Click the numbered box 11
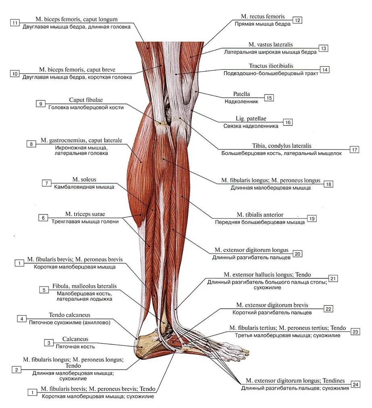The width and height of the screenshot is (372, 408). click(x=15, y=23)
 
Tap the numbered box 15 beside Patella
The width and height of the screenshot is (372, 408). click(x=269, y=98)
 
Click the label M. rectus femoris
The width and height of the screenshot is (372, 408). click(x=262, y=17)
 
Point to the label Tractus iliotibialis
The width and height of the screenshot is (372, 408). click(x=271, y=66)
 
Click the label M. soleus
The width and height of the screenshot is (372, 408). click(x=84, y=179)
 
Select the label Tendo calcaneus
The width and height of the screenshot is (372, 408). click(x=69, y=315)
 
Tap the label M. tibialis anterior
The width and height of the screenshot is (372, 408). click(x=260, y=215)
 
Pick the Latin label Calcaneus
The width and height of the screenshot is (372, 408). click(x=75, y=339)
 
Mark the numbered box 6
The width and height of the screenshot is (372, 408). click(x=43, y=218)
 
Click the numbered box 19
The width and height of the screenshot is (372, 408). click(x=311, y=218)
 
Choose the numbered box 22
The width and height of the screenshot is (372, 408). click(x=328, y=309)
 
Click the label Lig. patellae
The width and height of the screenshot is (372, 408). click(x=251, y=119)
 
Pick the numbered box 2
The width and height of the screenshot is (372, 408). click(x=17, y=370)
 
